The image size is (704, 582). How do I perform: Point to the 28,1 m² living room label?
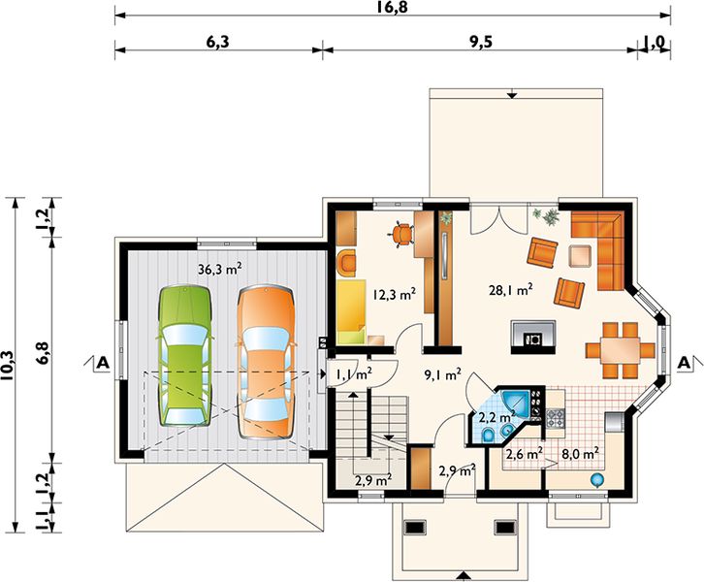point(512,289)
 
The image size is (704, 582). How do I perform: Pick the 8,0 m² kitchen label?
point(580,452)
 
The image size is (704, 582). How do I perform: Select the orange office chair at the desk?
point(401,233)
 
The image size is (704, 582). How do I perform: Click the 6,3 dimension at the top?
point(217,42)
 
